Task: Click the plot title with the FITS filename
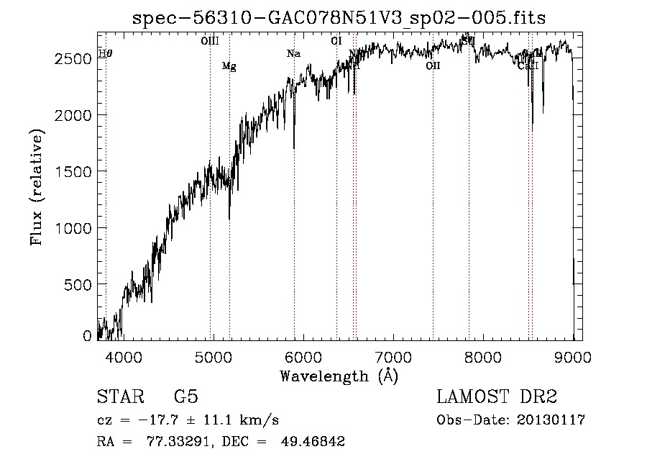coord(339,18)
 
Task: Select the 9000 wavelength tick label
coord(572,356)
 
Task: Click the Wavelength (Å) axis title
coord(339,376)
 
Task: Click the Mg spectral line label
coord(229,67)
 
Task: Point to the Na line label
coord(293,54)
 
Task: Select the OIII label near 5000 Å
coord(210,41)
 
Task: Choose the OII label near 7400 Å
coord(433,66)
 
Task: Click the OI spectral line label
coord(336,41)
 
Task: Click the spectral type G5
coord(185,397)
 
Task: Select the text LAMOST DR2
coord(497,397)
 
